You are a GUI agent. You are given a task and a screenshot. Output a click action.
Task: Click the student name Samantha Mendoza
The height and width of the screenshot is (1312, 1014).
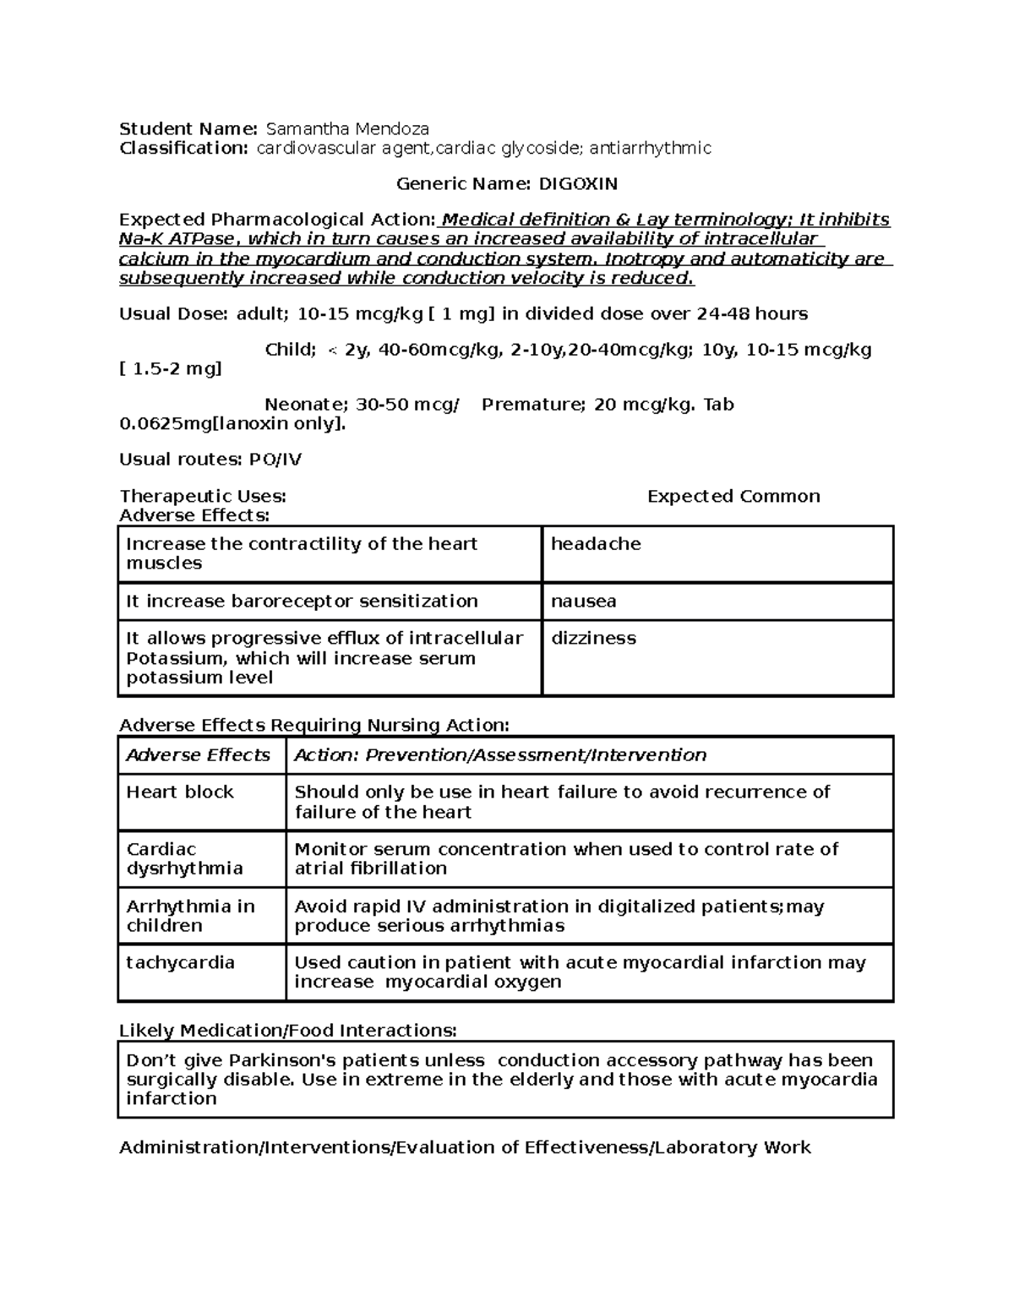[x=347, y=129]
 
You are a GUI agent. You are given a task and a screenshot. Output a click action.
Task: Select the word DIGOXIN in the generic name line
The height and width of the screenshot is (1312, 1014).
[x=578, y=184]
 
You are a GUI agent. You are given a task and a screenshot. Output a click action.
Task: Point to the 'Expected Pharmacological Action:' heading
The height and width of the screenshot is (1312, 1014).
[x=278, y=220]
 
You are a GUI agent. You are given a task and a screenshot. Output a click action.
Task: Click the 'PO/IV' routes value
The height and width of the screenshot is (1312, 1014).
[x=275, y=460]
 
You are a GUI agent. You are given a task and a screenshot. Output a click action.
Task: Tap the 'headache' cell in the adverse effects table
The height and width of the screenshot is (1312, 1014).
[x=596, y=544]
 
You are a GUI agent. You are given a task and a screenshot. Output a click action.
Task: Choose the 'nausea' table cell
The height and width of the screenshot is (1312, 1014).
[x=583, y=602]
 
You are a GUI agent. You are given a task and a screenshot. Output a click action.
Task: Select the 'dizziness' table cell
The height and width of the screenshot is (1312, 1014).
[x=593, y=639]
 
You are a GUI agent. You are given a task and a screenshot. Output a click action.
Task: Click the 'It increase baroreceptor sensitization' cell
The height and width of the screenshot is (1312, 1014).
[x=302, y=602]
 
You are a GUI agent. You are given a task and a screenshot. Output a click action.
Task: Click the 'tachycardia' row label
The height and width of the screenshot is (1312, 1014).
[x=180, y=963]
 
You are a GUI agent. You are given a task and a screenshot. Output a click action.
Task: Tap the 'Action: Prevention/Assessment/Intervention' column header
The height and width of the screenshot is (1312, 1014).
[x=500, y=755]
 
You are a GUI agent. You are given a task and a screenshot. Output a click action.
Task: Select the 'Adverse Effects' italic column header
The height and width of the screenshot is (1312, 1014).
[x=198, y=755]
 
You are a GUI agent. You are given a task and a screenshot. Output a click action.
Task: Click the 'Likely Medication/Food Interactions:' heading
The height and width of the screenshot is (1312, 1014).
[x=287, y=1031]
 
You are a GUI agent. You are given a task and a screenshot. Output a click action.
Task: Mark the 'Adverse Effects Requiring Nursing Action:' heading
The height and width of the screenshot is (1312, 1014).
[x=314, y=726]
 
